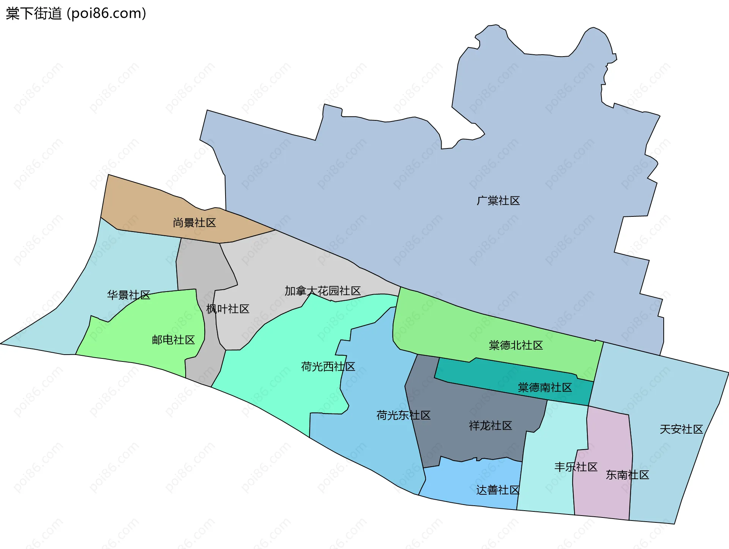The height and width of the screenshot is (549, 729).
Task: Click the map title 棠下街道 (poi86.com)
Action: pyautogui.click(x=76, y=14)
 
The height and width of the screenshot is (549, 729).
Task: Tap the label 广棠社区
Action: pyautogui.click(x=498, y=200)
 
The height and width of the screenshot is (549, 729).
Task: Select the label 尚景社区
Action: pyautogui.click(x=194, y=222)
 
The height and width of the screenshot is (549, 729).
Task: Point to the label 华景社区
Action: pyautogui.click(x=129, y=295)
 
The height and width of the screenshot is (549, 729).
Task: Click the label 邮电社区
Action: pyautogui.click(x=173, y=339)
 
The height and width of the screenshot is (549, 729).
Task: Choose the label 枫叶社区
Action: pyautogui.click(x=228, y=309)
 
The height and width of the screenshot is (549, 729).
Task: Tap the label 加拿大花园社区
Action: pyautogui.click(x=323, y=291)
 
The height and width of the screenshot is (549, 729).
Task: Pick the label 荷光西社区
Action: pyautogui.click(x=328, y=366)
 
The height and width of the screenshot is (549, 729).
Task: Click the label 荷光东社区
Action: pyautogui.click(x=403, y=415)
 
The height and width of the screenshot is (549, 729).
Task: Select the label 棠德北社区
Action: pyautogui.click(x=516, y=345)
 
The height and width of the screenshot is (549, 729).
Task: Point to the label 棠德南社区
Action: pyautogui.click(x=545, y=387)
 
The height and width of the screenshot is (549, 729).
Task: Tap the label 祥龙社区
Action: pyautogui.click(x=491, y=426)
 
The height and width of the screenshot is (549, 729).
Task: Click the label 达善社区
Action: pyautogui.click(x=498, y=490)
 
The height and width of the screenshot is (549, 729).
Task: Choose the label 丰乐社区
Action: pyautogui.click(x=576, y=467)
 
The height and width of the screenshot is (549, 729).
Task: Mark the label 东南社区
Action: pyautogui.click(x=627, y=475)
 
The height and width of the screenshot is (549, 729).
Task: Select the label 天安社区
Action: pyautogui.click(x=681, y=429)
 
